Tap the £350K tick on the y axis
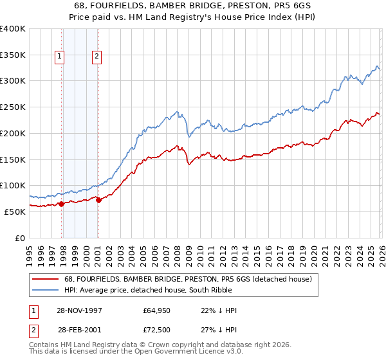click(x=13, y=55)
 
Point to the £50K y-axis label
click(x=15, y=212)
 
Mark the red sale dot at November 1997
click(x=62, y=204)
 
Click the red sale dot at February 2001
click(x=98, y=200)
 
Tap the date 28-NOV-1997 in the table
click(x=82, y=310)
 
